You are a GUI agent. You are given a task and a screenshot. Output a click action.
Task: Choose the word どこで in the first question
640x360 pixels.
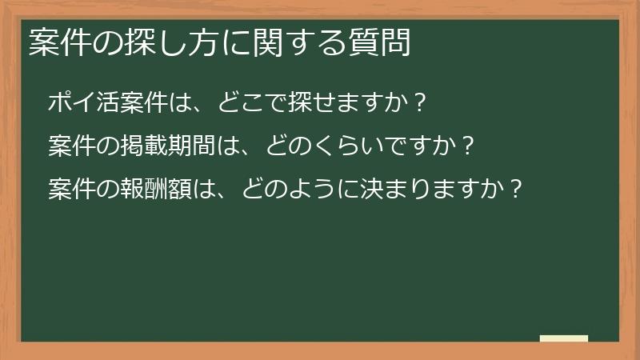(x=254, y=102)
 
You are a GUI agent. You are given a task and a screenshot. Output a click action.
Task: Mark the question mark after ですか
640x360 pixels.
(x=469, y=146)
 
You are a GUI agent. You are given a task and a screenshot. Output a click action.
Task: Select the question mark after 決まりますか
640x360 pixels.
(x=516, y=190)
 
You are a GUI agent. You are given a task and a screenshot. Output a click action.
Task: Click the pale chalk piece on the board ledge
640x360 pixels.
(x=564, y=338)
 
